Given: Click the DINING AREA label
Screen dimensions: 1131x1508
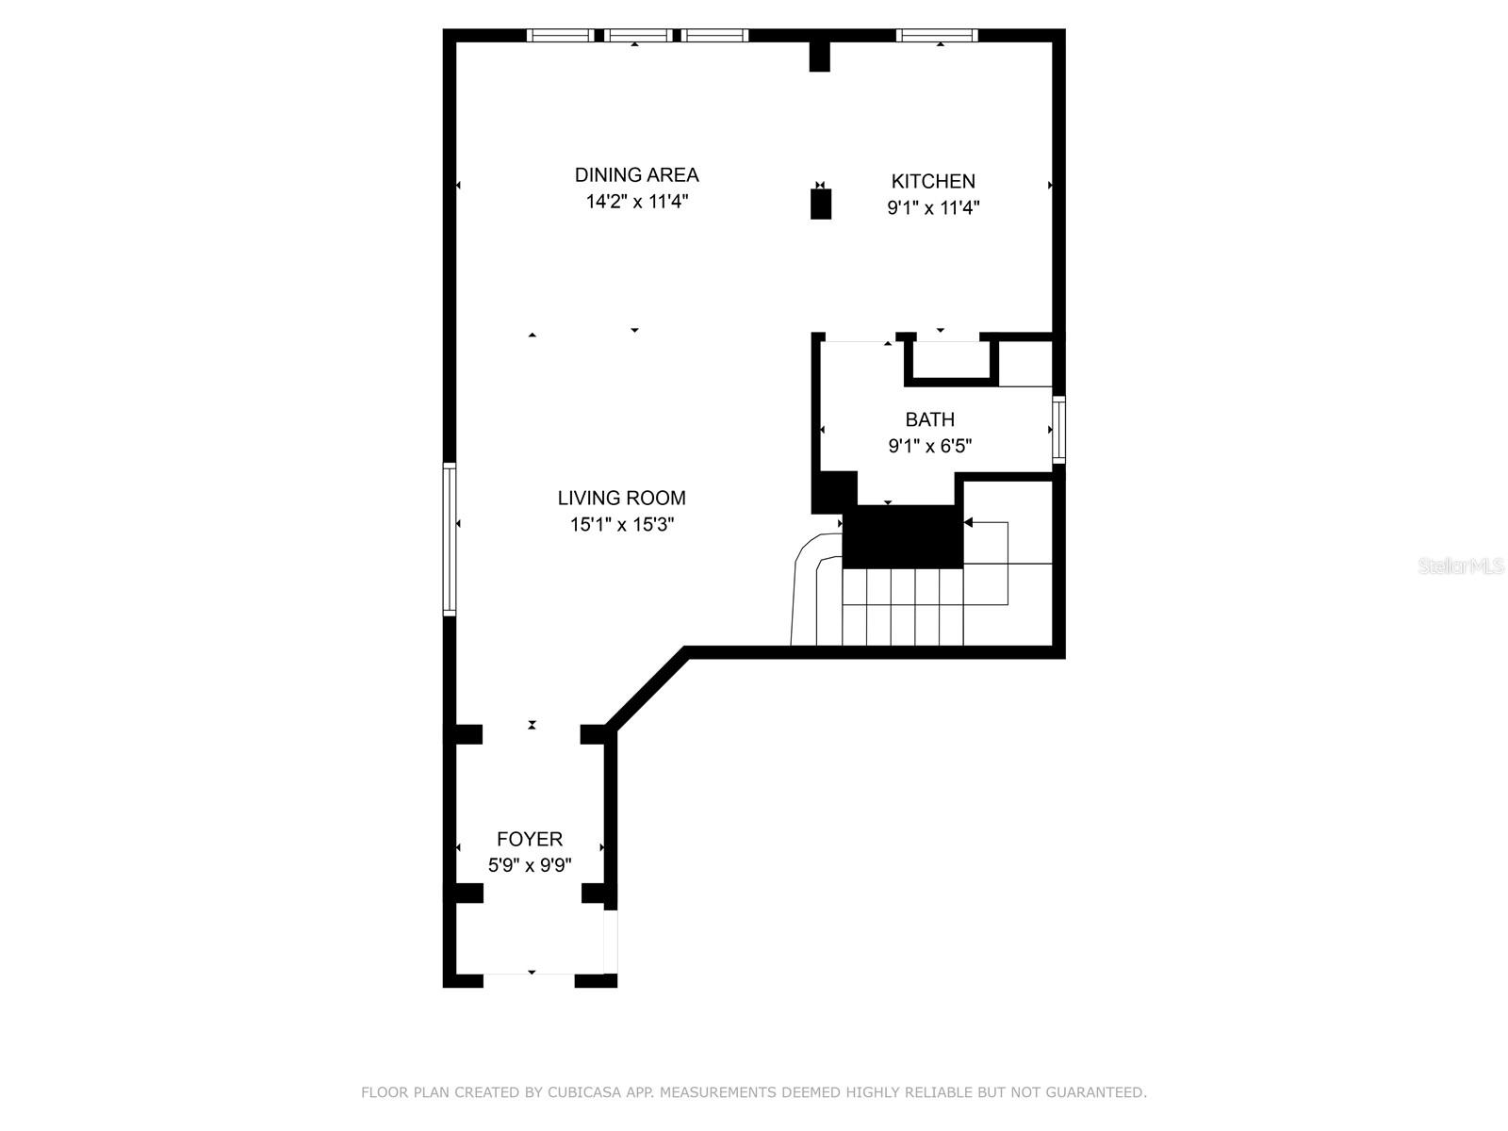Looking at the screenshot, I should click(636, 175).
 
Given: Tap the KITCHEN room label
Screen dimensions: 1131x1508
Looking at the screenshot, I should click(933, 181).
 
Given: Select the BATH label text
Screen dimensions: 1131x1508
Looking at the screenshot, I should click(929, 419).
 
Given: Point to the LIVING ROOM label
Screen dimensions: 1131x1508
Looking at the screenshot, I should click(621, 498).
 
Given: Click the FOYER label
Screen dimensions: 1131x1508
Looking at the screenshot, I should click(530, 839).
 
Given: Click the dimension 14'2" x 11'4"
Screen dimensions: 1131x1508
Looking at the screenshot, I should click(636, 202).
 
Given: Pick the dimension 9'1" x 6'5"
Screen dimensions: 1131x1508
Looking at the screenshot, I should click(929, 446).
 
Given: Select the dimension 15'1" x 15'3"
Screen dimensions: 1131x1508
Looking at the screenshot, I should click(621, 525).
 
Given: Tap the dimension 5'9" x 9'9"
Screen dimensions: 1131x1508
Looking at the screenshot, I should click(530, 865).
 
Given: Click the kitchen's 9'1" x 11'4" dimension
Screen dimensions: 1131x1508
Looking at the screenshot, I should click(933, 208).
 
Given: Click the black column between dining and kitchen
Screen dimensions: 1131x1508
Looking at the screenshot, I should click(821, 205).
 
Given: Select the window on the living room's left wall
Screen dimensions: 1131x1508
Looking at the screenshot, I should click(450, 539).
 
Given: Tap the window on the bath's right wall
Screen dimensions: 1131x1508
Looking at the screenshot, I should click(1058, 430).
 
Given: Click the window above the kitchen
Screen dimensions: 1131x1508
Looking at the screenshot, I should click(937, 36).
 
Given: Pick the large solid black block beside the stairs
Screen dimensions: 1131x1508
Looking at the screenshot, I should click(903, 536).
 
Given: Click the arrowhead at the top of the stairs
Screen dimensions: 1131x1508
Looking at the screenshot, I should click(969, 522).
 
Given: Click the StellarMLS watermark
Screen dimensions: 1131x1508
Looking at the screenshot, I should click(1461, 566).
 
